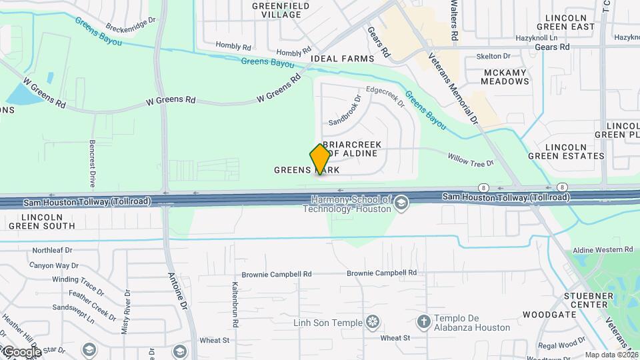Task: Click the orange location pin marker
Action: (320, 159)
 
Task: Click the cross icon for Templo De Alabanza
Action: (423, 323)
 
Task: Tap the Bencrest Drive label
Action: (93, 163)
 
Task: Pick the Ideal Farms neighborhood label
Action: (343, 59)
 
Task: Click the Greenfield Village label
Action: (281, 10)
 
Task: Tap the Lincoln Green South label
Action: (47, 221)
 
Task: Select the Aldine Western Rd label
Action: (603, 249)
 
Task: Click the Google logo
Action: (21, 351)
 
